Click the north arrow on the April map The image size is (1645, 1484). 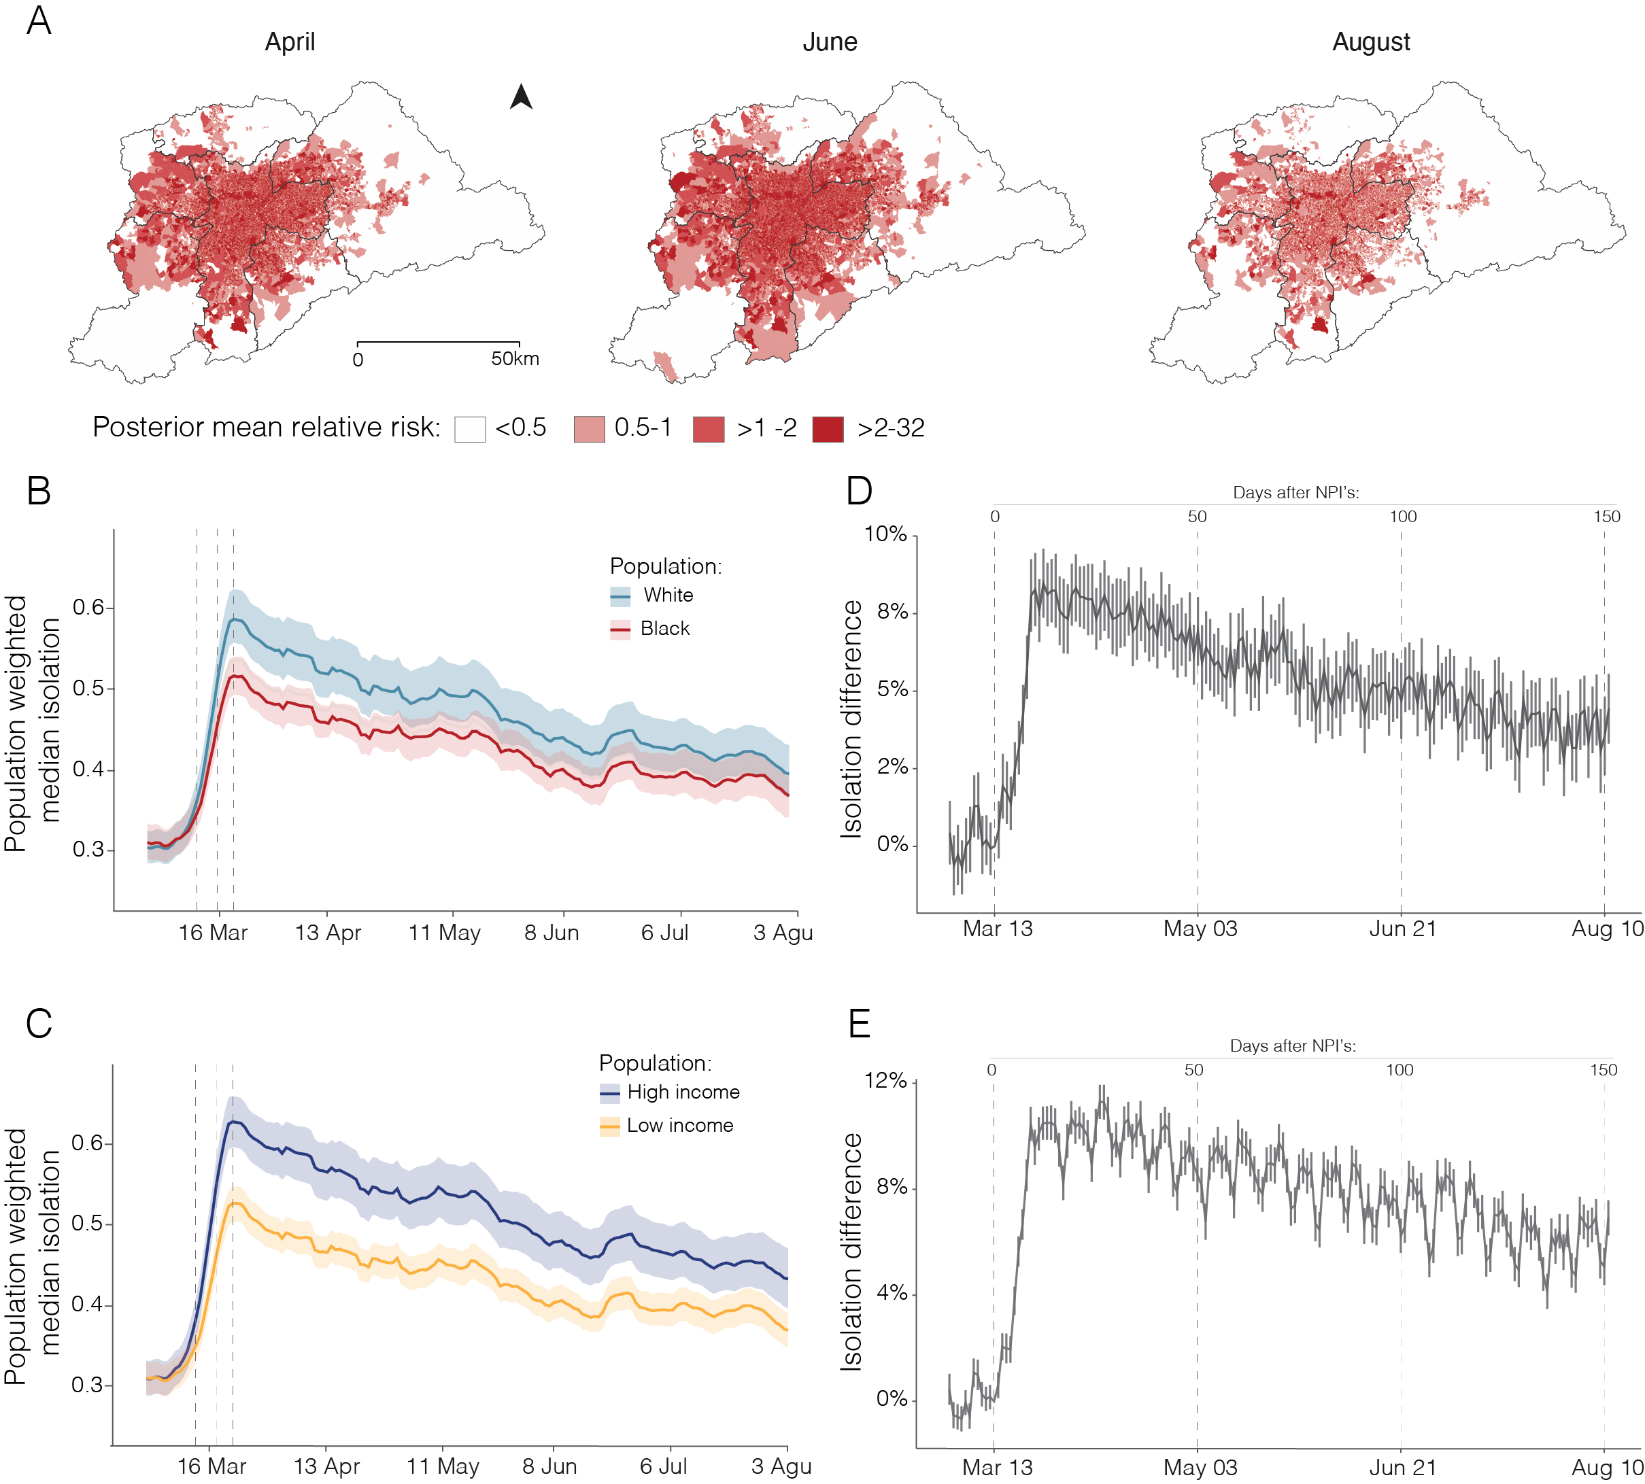[520, 97]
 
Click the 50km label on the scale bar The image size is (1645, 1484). [515, 359]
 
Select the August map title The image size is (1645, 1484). [1370, 41]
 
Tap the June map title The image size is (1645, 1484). [830, 41]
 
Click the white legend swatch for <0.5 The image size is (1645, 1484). [470, 429]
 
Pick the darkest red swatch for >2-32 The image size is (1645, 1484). [828, 429]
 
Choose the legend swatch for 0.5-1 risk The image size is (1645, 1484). [589, 429]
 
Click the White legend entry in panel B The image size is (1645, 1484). [667, 596]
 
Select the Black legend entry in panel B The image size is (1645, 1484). [664, 629]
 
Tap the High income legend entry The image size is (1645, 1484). [683, 1092]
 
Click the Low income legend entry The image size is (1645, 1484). [679, 1125]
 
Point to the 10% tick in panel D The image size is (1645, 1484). [885, 534]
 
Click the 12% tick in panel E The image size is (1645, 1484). [885, 1080]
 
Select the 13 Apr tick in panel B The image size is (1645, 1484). [328, 933]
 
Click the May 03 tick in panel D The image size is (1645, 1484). [1200, 929]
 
